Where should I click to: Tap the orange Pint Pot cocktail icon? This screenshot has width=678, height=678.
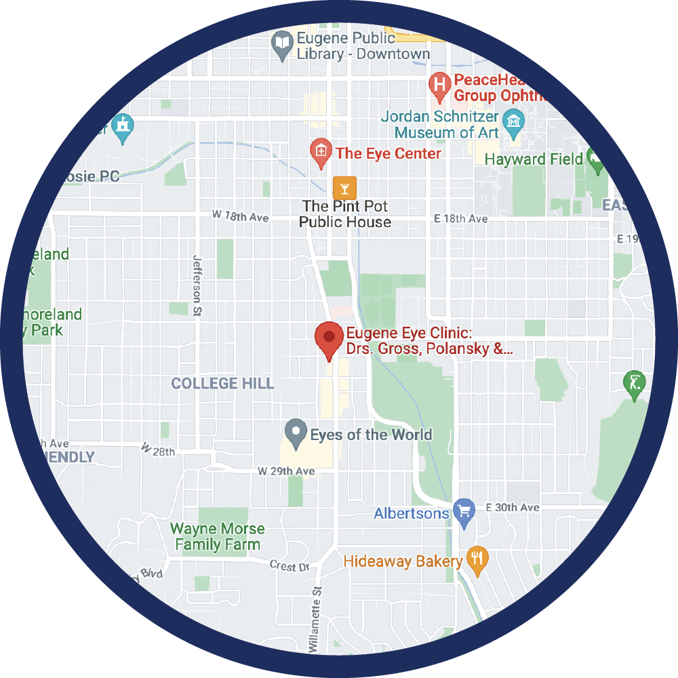[344, 186]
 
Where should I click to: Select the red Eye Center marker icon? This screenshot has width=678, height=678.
[320, 151]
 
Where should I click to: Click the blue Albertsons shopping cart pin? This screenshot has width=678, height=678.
[464, 511]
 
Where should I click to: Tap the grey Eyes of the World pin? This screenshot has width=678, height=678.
[295, 431]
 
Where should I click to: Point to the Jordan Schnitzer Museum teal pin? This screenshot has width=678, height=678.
[514, 121]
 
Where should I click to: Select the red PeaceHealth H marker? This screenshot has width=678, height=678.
[440, 85]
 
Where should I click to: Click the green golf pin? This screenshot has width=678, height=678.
[634, 383]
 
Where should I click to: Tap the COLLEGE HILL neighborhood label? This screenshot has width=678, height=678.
[222, 384]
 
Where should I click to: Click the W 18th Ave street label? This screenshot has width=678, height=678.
[240, 216]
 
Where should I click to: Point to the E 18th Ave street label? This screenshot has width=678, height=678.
[461, 219]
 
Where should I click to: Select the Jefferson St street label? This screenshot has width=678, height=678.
[197, 285]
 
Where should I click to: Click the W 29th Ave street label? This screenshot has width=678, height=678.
[286, 471]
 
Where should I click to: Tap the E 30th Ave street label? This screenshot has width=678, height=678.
[512, 508]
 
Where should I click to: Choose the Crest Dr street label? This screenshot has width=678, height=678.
[289, 566]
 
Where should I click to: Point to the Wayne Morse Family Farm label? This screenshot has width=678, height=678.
[217, 536]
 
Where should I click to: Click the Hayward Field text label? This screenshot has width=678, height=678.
[534, 159]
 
